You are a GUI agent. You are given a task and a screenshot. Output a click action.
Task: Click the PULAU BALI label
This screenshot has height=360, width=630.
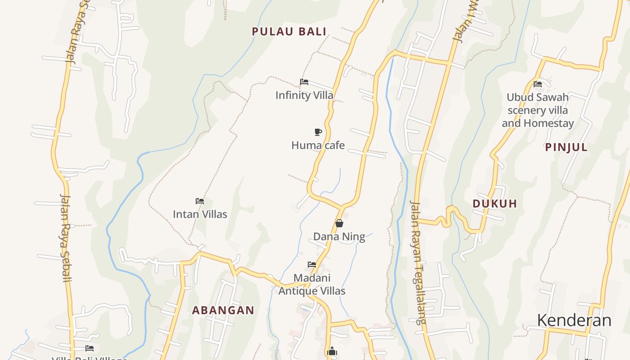(x=289, y=31)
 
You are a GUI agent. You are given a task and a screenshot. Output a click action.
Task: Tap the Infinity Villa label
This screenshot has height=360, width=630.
(x=304, y=95)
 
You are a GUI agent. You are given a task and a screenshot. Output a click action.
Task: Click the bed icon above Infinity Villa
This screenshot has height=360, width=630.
(x=304, y=82)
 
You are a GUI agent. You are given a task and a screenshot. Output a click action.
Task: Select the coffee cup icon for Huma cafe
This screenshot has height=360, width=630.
(x=318, y=132)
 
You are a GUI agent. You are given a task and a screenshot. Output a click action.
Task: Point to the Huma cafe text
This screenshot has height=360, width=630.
(x=318, y=145)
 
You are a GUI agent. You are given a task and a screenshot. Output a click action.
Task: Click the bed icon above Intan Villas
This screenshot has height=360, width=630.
(x=200, y=201)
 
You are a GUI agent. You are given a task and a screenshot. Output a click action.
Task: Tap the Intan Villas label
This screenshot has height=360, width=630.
(x=200, y=214)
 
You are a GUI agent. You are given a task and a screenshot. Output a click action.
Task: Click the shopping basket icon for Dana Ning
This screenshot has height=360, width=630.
(x=339, y=223)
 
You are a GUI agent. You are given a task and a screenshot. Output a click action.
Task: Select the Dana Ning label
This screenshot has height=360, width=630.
(x=339, y=237)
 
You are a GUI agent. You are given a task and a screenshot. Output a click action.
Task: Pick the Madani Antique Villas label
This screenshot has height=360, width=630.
(x=312, y=284)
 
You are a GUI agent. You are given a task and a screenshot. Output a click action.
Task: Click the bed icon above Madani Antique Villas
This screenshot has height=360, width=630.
(x=312, y=265)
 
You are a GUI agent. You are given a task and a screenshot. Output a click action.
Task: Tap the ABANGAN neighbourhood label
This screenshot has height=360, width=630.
(x=223, y=310)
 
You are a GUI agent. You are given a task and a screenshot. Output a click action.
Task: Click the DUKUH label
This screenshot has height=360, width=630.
(x=495, y=203)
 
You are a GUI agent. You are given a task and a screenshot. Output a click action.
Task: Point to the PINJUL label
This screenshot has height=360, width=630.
(x=566, y=147)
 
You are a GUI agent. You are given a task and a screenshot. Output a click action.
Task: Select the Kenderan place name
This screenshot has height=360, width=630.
(x=574, y=320)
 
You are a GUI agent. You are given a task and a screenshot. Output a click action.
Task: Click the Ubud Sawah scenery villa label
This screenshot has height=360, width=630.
(x=538, y=110)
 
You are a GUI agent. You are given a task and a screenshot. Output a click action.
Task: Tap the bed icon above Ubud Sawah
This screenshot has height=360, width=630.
(x=537, y=84)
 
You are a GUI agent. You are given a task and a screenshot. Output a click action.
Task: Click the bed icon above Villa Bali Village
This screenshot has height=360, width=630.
(x=90, y=348)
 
